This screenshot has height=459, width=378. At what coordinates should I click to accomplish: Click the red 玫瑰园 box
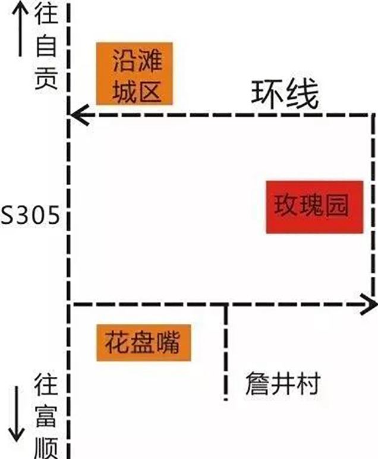point(314,207)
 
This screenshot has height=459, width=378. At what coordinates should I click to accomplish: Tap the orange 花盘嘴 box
point(144,342)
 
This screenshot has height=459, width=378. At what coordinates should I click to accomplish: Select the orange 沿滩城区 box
point(134,73)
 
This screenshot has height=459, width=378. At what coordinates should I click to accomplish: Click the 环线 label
point(285,93)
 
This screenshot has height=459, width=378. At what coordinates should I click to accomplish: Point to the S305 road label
point(30,215)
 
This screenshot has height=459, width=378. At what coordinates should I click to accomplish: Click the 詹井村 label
point(283,383)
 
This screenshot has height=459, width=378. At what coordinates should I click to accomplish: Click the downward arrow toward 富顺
point(17,414)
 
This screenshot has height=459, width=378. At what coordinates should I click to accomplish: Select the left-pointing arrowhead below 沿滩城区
point(80,115)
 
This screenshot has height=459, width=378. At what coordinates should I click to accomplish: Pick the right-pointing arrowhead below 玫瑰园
point(368,304)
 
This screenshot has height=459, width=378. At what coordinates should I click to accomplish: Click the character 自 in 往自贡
point(46,45)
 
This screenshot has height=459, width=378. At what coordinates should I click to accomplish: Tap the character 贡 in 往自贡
point(46,78)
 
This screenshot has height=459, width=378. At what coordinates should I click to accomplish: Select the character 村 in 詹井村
point(308,383)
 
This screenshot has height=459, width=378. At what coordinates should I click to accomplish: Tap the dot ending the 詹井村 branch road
point(226,399)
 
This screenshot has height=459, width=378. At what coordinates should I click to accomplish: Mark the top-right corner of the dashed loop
point(373,115)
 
